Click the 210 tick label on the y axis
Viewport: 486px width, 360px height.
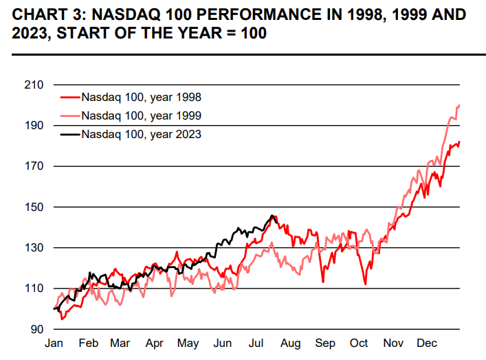point(34,85)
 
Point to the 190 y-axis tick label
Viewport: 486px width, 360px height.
point(34,126)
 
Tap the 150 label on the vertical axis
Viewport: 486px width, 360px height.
point(34,207)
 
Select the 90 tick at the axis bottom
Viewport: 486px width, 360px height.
point(36,329)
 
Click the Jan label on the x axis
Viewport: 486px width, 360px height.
point(54,343)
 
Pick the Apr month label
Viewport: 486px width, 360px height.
point(154,343)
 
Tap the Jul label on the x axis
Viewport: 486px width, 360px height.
point(257,343)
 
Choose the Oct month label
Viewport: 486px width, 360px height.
point(359,343)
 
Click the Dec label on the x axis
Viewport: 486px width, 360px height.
point(427,343)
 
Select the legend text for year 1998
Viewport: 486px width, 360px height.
point(141,98)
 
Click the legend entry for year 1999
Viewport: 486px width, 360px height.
point(141,115)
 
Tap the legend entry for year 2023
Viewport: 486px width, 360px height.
point(141,134)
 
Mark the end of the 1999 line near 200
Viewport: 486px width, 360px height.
point(459,105)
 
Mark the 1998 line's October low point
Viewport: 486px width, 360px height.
point(365,284)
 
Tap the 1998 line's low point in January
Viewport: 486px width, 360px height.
point(62,319)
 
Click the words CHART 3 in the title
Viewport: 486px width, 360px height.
point(35,14)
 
